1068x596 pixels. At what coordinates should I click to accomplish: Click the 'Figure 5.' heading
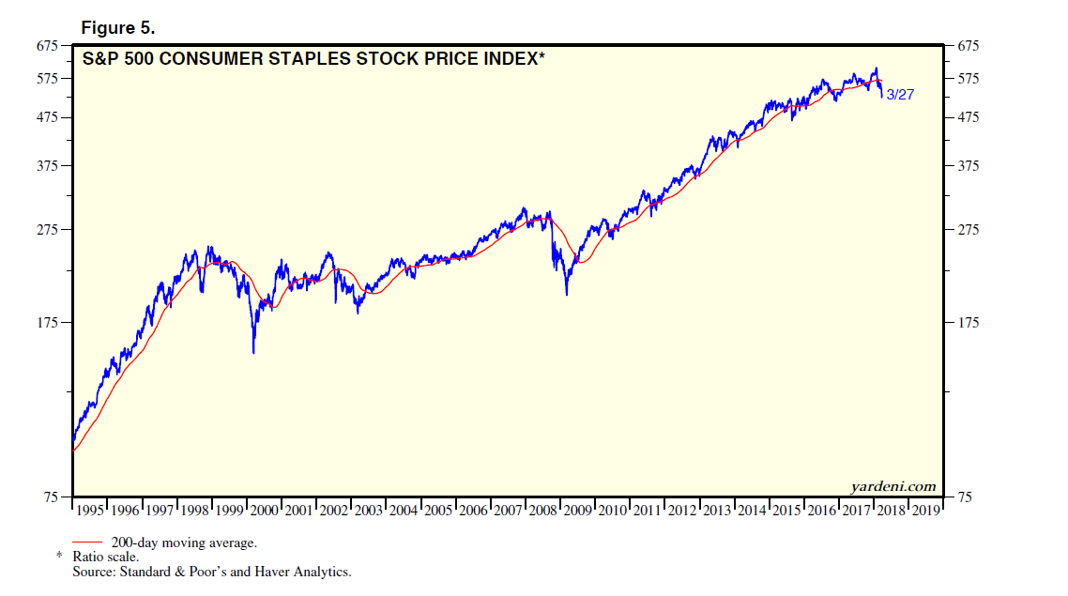pos(117,27)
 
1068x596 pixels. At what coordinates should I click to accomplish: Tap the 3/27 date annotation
pos(900,94)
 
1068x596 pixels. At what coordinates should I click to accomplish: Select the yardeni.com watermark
pos(893,486)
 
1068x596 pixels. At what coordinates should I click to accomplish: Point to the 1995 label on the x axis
pos(90,511)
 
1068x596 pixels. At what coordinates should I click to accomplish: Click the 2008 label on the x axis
pos(542,511)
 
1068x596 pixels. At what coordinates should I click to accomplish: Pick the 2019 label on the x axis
pos(925,511)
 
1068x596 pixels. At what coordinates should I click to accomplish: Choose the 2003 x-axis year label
pos(369,511)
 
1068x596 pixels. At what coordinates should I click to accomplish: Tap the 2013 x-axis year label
pos(717,511)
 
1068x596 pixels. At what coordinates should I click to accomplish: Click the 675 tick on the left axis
pos(47,45)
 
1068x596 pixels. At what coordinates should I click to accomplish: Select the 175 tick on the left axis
pos(47,323)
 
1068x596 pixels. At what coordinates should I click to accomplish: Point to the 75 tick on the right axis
pos(966,497)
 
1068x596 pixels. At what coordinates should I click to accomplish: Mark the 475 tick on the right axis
pos(969,117)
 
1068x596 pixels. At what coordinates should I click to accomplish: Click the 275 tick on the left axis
pos(47,230)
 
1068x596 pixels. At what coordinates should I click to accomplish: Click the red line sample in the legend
pos(86,543)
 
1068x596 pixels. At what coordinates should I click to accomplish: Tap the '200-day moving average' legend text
pos(183,543)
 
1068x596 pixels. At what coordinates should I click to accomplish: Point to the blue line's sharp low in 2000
pos(253,353)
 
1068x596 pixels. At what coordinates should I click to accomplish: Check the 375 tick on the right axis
pos(969,166)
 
